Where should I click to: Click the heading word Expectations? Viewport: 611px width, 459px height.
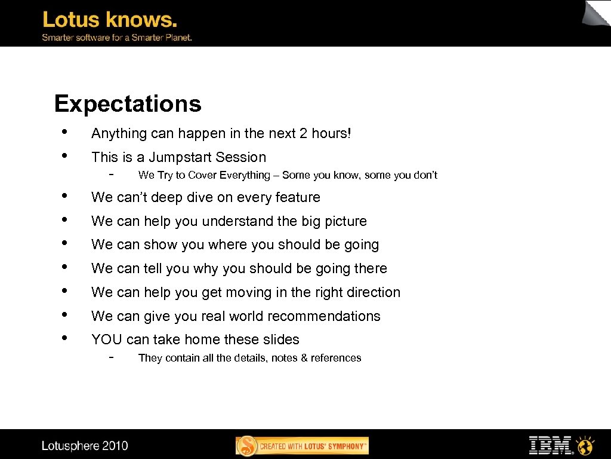pos(128,104)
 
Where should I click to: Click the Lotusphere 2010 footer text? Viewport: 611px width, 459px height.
pos(85,446)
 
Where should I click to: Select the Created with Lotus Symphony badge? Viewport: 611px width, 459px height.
pos(302,446)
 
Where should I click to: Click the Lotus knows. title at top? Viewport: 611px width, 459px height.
pos(110,20)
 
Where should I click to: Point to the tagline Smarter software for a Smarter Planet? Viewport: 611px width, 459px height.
pos(116,38)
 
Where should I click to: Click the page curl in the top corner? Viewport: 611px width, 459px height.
pos(597,13)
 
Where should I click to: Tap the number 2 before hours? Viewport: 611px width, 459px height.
pos(303,134)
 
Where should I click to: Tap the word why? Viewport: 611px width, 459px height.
pos(206,268)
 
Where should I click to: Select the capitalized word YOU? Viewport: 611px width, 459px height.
pos(107,339)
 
